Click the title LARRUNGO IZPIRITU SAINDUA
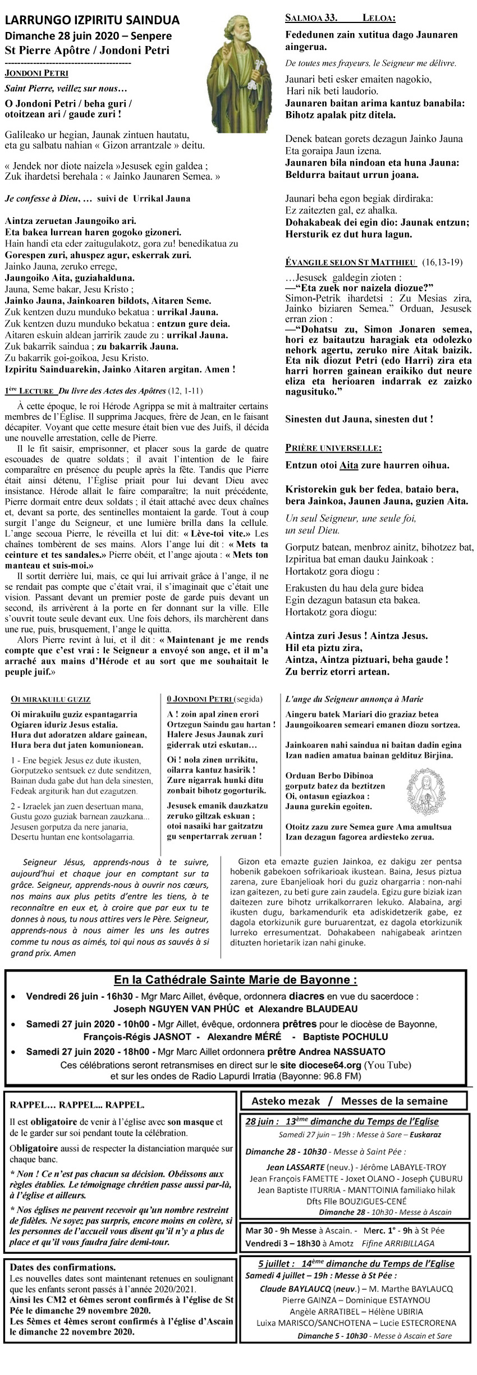92,21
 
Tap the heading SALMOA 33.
311,18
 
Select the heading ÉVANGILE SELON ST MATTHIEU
351,262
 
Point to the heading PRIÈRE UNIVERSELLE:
333,448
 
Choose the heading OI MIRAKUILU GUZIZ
51,699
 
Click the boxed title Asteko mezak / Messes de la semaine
349,1101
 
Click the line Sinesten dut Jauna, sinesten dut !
359,419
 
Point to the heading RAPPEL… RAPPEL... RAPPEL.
77,1104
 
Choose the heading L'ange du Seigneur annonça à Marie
354,699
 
